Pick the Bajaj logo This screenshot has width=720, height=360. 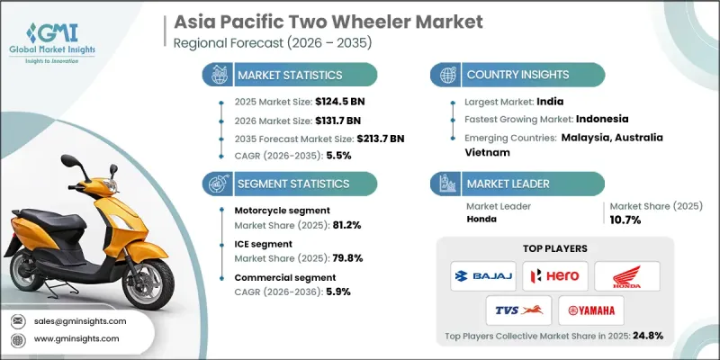[477, 276]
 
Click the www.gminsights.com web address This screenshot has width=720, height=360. [77, 338]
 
